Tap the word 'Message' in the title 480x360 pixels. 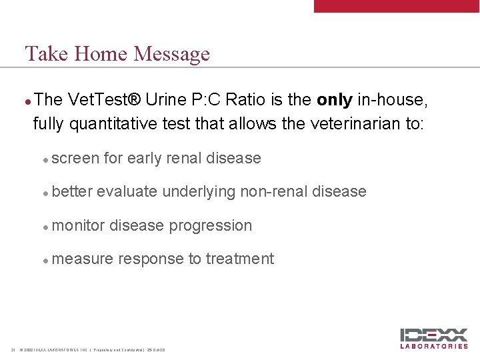click(171, 53)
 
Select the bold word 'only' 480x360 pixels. click(335, 100)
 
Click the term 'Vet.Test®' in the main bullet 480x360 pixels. click(103, 100)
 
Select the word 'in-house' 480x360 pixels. click(392, 100)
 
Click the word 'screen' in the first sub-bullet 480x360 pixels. click(75, 158)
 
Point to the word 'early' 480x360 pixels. click(145, 158)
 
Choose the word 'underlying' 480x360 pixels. click(199, 192)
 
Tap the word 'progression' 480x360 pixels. click(211, 225)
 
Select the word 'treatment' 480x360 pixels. click(240, 259)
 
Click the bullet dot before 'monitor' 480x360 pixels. click(45, 227)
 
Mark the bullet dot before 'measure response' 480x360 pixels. click(45, 260)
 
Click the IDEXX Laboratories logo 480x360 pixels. click(434, 338)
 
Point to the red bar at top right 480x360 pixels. click(397, 6)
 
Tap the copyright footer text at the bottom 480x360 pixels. click(93, 350)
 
